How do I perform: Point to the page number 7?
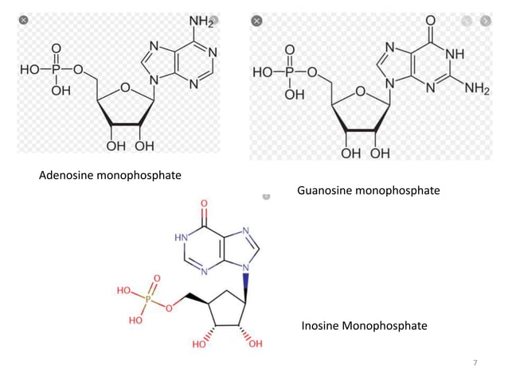click(475, 363)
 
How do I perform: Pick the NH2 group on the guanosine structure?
click(476, 88)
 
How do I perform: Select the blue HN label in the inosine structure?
click(181, 238)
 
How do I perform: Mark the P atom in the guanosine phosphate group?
click(291, 72)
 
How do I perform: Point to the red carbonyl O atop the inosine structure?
click(206, 204)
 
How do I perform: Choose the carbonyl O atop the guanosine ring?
click(431, 19)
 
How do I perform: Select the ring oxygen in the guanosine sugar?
click(360, 91)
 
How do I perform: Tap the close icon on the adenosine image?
click(25, 19)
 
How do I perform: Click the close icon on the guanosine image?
click(257, 19)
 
